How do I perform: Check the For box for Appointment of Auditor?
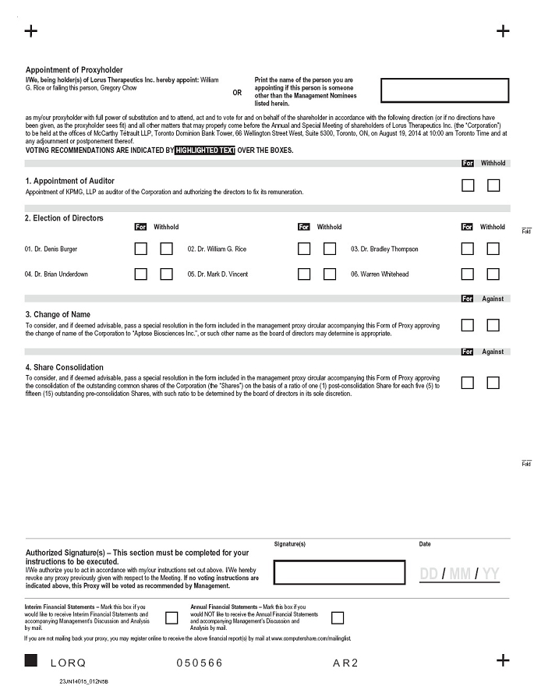tap(468, 186)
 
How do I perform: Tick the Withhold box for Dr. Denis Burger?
tap(166, 249)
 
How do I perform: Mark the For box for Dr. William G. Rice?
tap(304, 249)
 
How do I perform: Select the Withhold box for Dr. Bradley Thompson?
tap(493, 249)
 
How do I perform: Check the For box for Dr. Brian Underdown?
tap(141, 274)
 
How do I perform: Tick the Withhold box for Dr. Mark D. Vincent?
tap(330, 274)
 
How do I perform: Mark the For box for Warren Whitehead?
tap(468, 274)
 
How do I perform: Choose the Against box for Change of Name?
tap(493, 325)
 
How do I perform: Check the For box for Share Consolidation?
tap(468, 383)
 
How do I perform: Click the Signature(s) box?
tap(339, 572)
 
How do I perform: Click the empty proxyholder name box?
tap(444, 90)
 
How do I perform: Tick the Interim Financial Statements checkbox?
tap(172, 618)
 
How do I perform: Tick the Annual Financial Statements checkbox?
tap(338, 618)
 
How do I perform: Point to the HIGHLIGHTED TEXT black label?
tap(205, 150)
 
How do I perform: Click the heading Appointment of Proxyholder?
tap(74, 70)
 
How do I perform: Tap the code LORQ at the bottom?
tap(68, 663)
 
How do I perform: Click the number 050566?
tap(200, 663)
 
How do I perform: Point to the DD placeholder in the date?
tap(429, 575)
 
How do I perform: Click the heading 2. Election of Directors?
tap(64, 218)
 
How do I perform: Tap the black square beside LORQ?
tap(31, 661)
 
